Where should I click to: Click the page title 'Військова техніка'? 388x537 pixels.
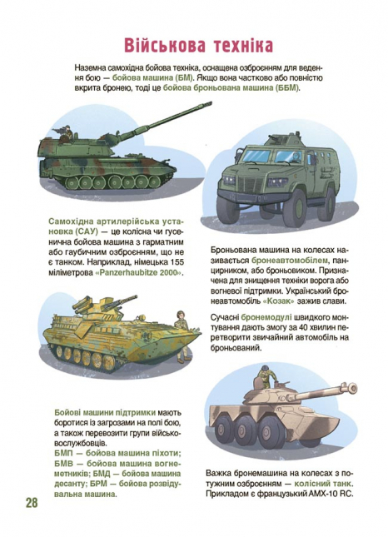tap(198, 44)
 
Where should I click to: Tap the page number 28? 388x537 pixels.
tap(32, 502)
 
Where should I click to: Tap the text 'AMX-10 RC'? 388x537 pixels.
tap(333, 493)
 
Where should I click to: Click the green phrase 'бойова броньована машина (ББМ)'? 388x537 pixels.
tap(231, 87)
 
